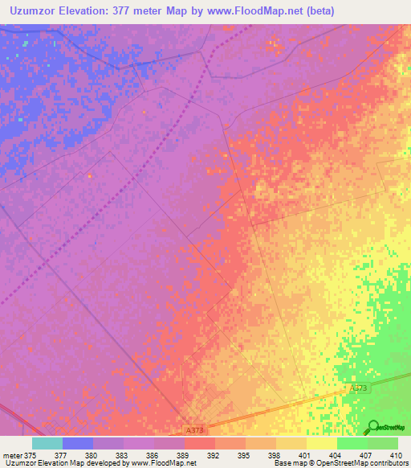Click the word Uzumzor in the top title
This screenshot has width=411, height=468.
[x=38, y=11]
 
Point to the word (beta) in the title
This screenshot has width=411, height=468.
[x=316, y=11]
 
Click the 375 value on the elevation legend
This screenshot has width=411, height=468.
[x=31, y=454]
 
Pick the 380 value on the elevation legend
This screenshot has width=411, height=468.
[x=92, y=454]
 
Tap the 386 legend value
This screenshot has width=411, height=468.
[x=154, y=454]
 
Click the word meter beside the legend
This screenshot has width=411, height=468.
[x=11, y=454]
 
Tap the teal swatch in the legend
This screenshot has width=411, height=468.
[x=47, y=443]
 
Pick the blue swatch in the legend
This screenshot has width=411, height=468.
[x=77, y=443]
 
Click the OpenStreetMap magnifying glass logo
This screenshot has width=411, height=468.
[x=373, y=426]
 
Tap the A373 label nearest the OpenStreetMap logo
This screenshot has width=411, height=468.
[x=359, y=388]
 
